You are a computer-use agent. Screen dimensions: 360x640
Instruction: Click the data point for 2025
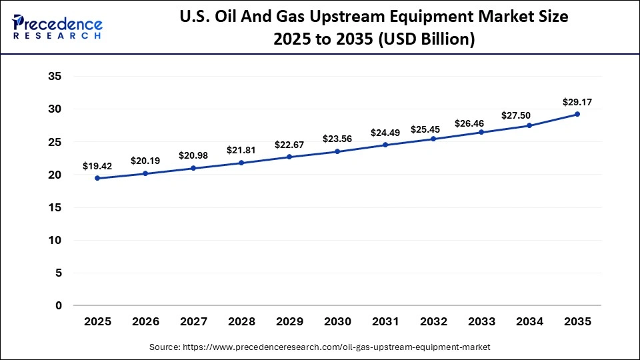click(x=97, y=178)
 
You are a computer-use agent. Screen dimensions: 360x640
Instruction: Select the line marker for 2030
click(x=337, y=151)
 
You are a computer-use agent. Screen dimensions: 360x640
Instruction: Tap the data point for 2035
click(x=577, y=114)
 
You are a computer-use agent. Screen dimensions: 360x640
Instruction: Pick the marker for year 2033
click(x=481, y=132)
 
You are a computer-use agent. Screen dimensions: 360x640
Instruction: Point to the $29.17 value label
click(x=577, y=102)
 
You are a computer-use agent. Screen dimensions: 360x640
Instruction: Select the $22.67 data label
click(x=289, y=145)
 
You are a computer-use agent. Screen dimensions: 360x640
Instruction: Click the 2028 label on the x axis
click(x=241, y=322)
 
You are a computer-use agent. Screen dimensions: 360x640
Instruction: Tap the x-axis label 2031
click(x=385, y=322)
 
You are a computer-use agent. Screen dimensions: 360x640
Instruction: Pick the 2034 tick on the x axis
click(x=529, y=322)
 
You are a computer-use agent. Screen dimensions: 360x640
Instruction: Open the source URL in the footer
click(x=337, y=347)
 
